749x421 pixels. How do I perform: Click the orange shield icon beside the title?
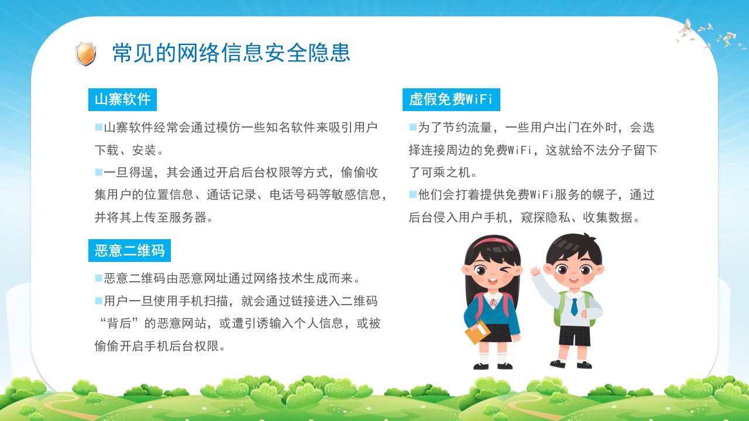click(x=86, y=53)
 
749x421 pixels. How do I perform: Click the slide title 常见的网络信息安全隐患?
click(x=231, y=53)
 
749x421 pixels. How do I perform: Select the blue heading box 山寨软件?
click(x=122, y=99)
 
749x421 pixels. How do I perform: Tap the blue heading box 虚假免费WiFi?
click(x=451, y=99)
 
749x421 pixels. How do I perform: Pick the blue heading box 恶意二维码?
click(x=129, y=251)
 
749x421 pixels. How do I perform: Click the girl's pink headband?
click(x=493, y=241)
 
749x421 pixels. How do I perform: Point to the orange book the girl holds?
click(x=477, y=332)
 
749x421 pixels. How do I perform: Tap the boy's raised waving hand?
click(x=536, y=271)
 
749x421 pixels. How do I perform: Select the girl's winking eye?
click(x=506, y=269)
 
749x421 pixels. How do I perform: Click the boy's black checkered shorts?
click(x=574, y=336)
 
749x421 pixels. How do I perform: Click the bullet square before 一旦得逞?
click(x=99, y=172)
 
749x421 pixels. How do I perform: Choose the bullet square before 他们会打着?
click(x=413, y=194)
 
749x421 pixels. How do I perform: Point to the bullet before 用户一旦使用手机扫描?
click(x=99, y=301)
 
